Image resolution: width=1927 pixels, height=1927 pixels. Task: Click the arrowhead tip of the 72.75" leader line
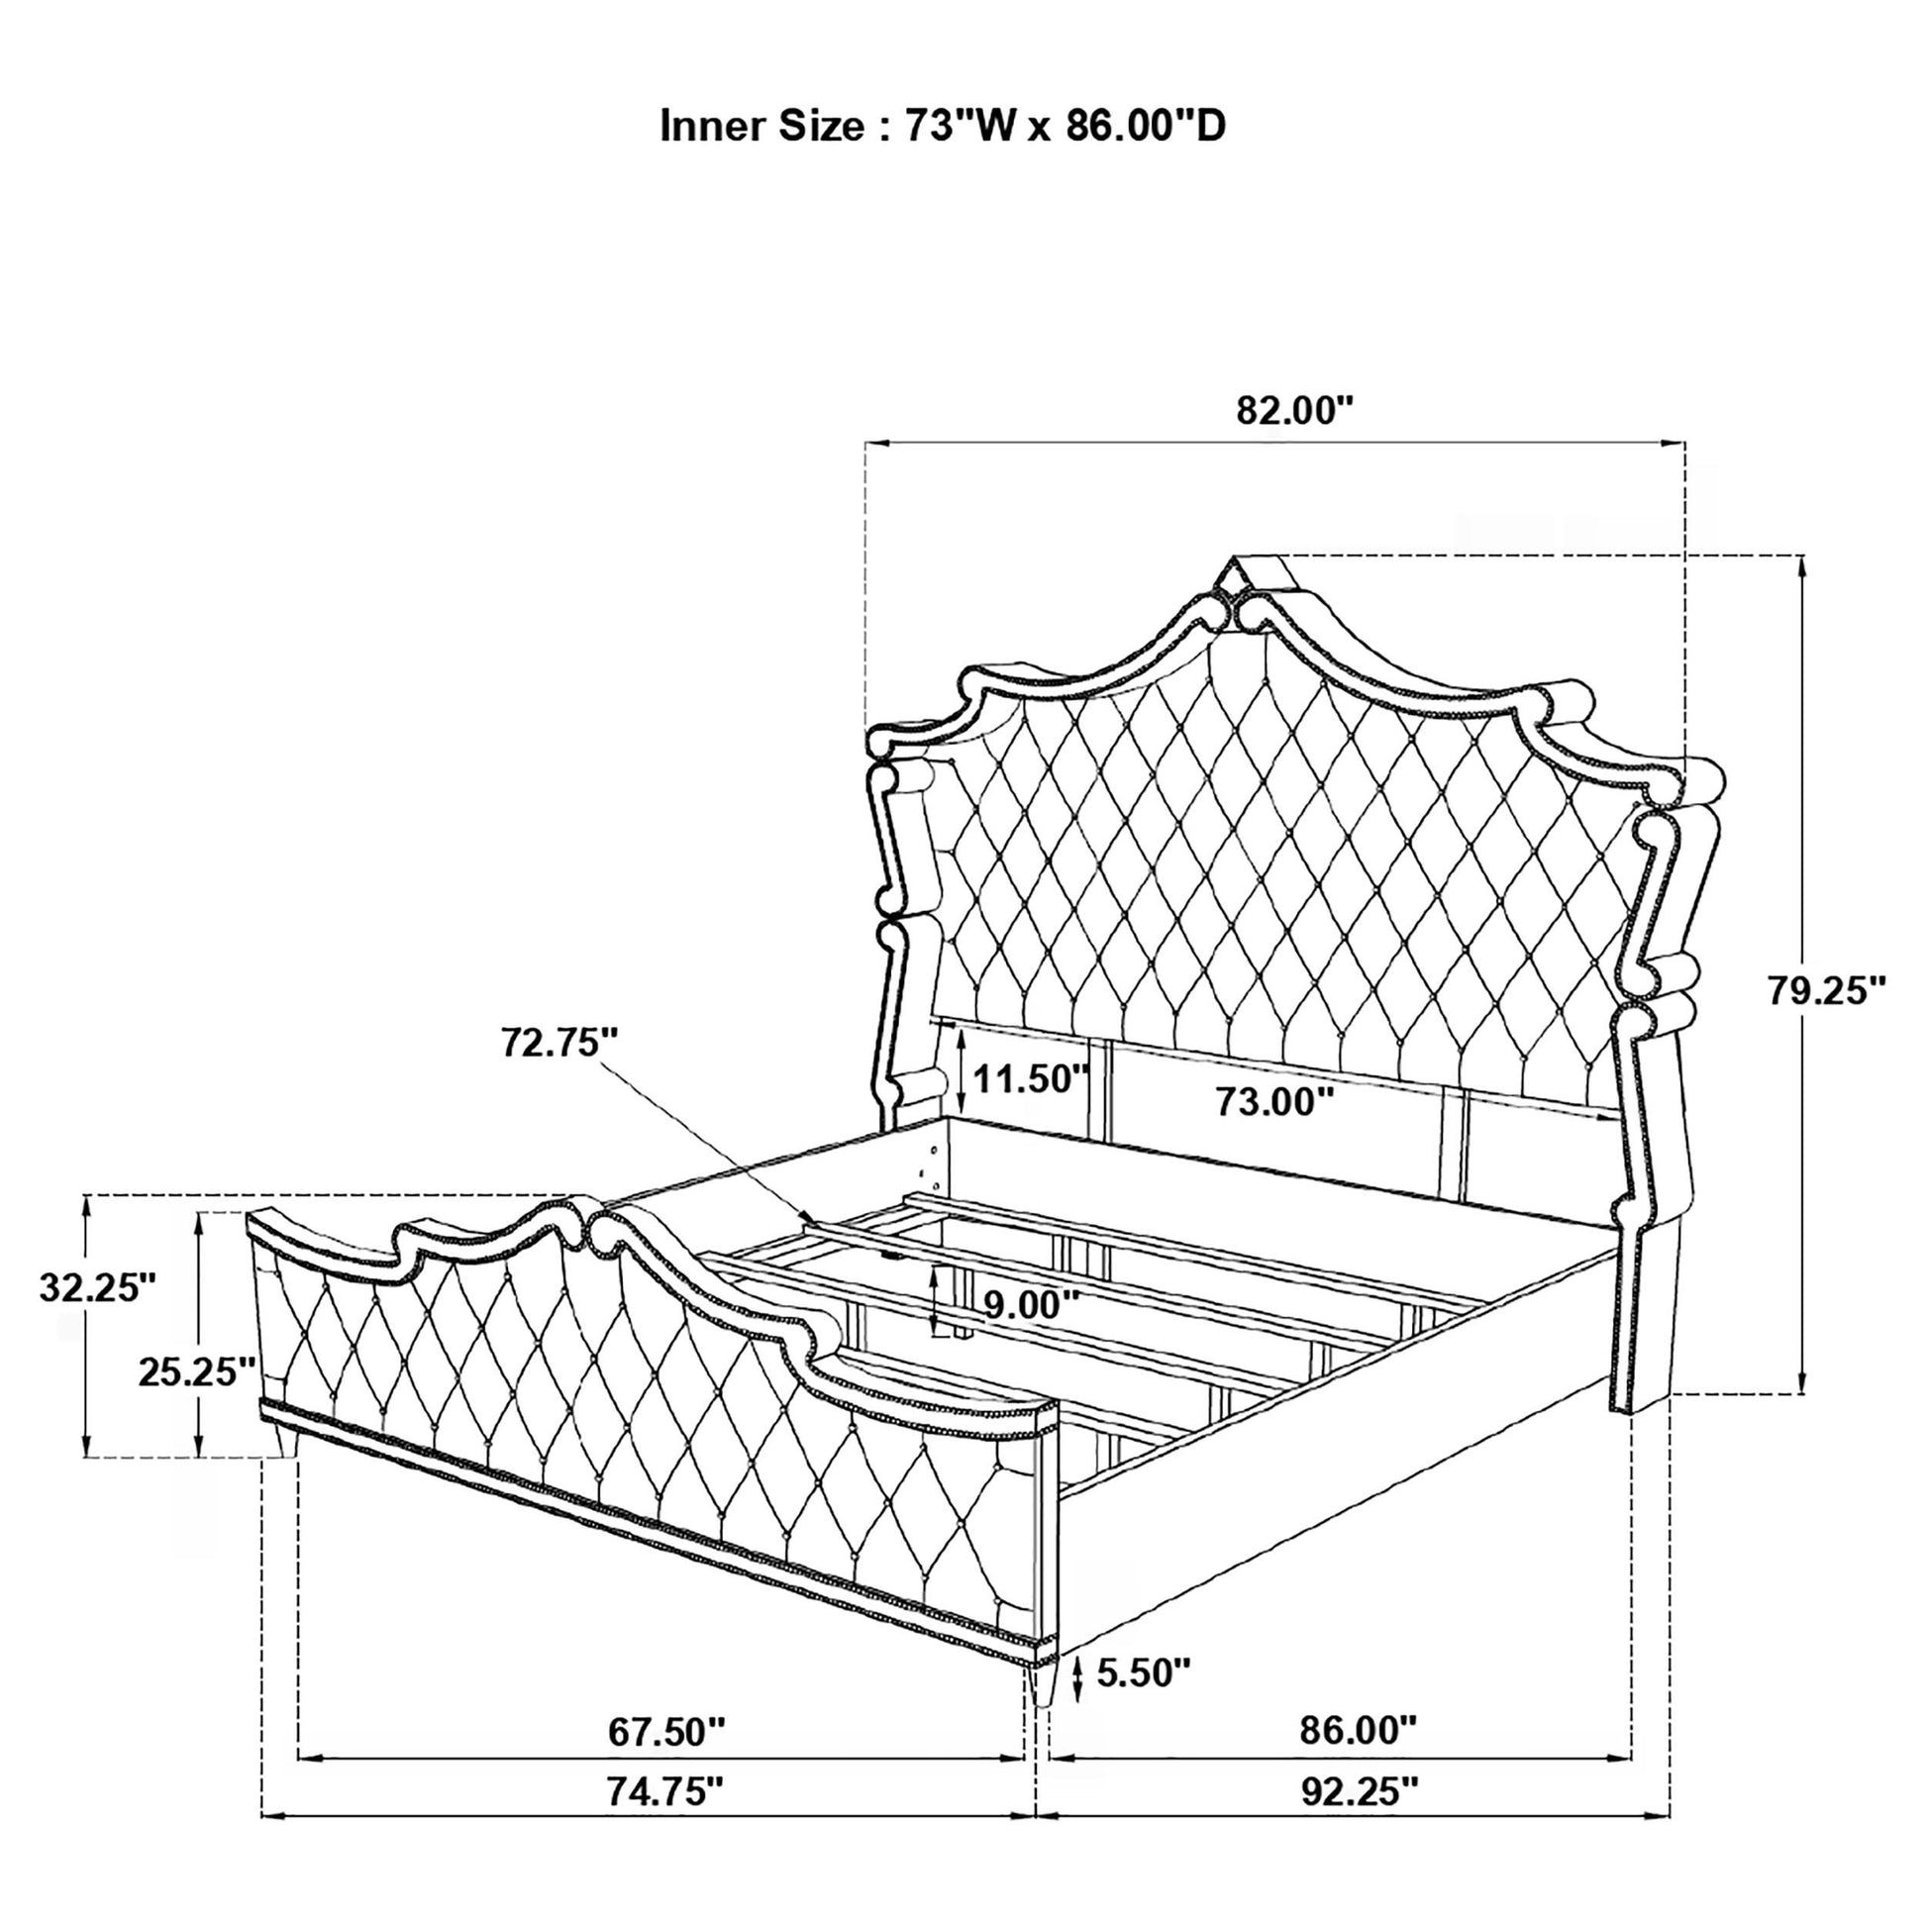pos(817,1224)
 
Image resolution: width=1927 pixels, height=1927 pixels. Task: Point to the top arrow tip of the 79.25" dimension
pos(1801,556)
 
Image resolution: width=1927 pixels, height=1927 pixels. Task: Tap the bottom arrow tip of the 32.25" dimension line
pos(87,1458)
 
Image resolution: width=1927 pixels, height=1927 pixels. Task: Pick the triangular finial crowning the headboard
pos(1234,576)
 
